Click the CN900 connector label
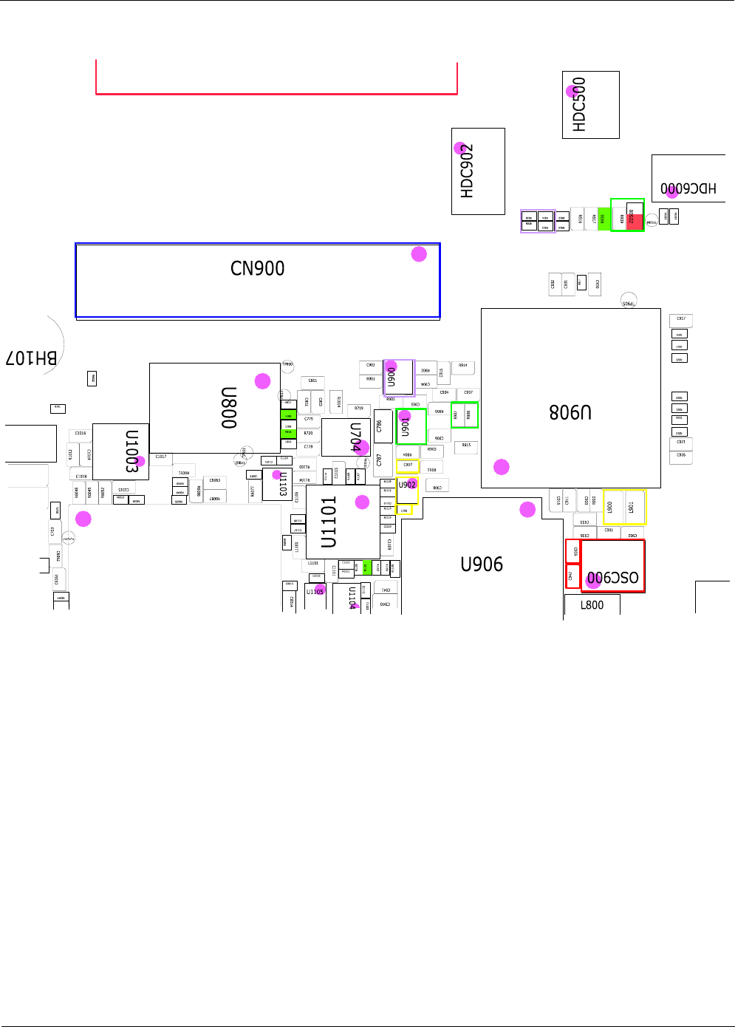click(x=257, y=268)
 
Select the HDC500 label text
click(x=579, y=105)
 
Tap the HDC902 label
click(x=467, y=171)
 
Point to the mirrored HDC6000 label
click(x=688, y=188)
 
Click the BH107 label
click(x=31, y=358)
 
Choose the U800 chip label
click(x=229, y=408)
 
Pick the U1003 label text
click(x=132, y=451)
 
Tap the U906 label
click(x=482, y=564)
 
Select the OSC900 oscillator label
click(x=612, y=578)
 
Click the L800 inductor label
click(x=592, y=605)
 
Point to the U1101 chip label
click(x=329, y=522)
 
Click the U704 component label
click(x=356, y=437)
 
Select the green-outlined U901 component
click(x=411, y=426)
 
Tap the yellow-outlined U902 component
click(x=407, y=491)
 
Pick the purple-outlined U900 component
click(x=398, y=377)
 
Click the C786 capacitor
click(x=380, y=426)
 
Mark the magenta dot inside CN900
click(x=419, y=254)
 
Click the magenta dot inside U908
click(x=502, y=467)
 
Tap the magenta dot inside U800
click(x=263, y=381)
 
